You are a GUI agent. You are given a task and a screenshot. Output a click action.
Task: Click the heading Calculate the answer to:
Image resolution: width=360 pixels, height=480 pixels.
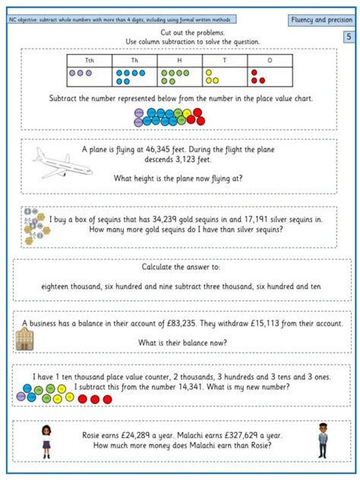(x=180, y=267)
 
